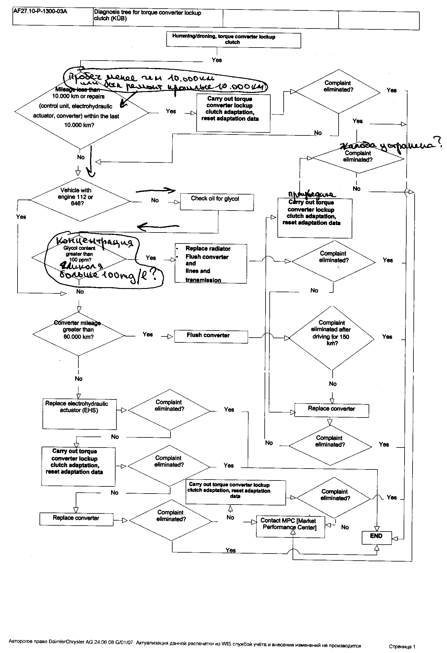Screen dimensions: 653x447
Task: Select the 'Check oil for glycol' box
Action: (217, 202)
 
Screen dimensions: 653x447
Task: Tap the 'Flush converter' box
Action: (211, 336)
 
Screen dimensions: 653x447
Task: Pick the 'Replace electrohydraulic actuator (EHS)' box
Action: (80, 414)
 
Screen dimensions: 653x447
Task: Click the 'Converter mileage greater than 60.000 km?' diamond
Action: (79, 334)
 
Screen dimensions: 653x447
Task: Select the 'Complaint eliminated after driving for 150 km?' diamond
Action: (332, 338)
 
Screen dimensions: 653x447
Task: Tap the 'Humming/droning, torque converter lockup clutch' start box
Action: (233, 40)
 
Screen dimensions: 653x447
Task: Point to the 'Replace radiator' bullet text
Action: (208, 249)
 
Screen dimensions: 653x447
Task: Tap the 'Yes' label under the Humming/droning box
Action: (217, 60)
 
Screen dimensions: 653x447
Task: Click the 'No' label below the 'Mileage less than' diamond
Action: (81, 157)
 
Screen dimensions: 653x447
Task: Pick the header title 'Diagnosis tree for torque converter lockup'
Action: (148, 13)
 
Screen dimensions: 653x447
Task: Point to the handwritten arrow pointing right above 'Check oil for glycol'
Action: (156, 191)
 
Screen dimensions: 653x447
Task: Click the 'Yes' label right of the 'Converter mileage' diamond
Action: (148, 334)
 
